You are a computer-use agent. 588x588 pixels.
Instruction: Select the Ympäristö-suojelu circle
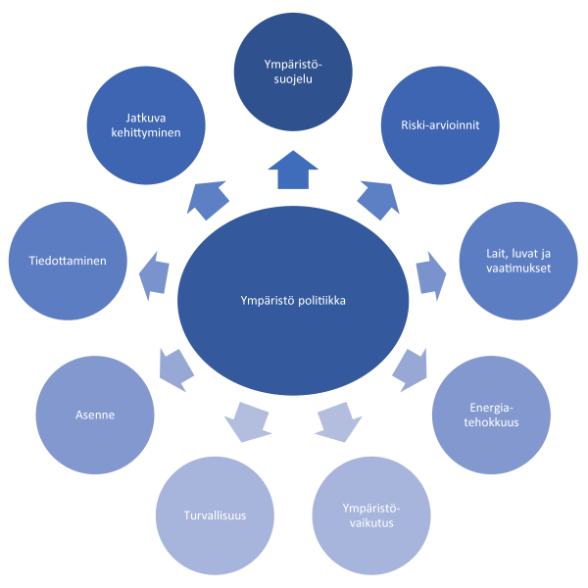[x=293, y=72]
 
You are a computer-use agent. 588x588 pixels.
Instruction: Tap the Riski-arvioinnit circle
[x=440, y=125]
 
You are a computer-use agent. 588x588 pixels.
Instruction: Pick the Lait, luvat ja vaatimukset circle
[x=518, y=261]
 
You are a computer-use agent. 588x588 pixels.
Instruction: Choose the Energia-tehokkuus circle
[x=491, y=415]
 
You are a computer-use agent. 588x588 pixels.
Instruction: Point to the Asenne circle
[x=95, y=415]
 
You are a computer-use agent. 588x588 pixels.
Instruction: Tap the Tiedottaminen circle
[x=68, y=261]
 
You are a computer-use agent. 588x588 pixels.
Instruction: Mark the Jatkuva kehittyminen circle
[x=147, y=125]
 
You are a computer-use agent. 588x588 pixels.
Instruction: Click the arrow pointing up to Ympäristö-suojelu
[x=293, y=170]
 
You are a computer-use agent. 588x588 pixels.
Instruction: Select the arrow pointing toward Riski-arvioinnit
[x=377, y=199]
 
